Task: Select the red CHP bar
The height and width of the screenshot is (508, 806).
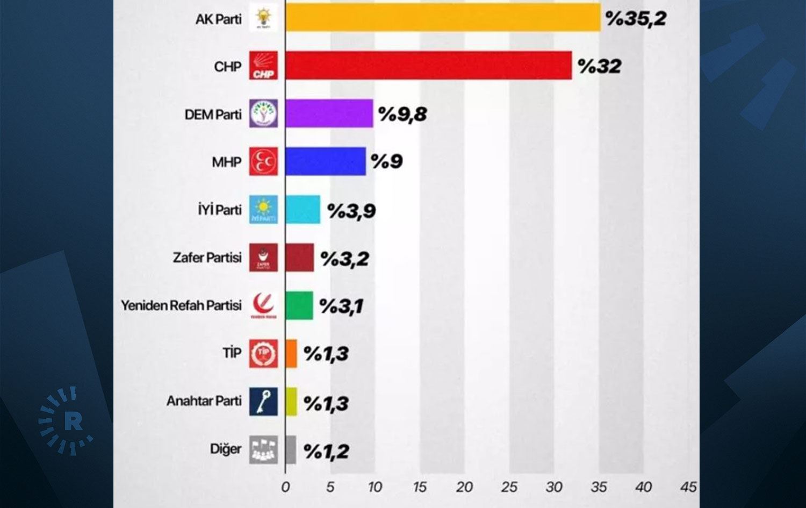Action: click(x=428, y=66)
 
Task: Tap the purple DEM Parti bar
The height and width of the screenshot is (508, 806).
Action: click(x=329, y=113)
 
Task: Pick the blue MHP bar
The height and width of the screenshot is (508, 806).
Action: click(x=326, y=161)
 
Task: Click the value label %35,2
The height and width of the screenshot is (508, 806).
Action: click(x=636, y=18)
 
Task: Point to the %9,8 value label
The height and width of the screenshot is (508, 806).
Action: click(x=402, y=114)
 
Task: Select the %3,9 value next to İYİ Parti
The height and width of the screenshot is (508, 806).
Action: click(x=351, y=211)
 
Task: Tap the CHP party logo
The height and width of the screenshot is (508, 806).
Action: click(x=263, y=66)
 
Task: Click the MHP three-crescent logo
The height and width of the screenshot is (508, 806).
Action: click(x=263, y=161)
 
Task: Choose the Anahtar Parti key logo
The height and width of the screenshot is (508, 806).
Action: click(x=263, y=401)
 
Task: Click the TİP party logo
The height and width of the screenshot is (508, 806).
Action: click(x=263, y=353)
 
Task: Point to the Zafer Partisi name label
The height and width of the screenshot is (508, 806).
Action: click(x=207, y=257)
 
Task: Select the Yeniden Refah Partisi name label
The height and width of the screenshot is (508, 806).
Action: click(x=181, y=305)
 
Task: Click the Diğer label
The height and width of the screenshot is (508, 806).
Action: click(x=226, y=449)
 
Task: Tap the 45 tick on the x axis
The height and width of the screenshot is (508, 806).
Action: click(x=688, y=487)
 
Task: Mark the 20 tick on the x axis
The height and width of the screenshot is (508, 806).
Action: click(x=464, y=487)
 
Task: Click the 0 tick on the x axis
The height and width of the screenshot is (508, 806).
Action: click(x=285, y=487)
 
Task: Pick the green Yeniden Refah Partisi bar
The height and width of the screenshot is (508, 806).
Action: click(x=299, y=305)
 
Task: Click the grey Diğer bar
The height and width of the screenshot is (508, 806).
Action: click(x=291, y=449)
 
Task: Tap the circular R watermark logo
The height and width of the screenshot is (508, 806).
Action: click(x=66, y=421)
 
